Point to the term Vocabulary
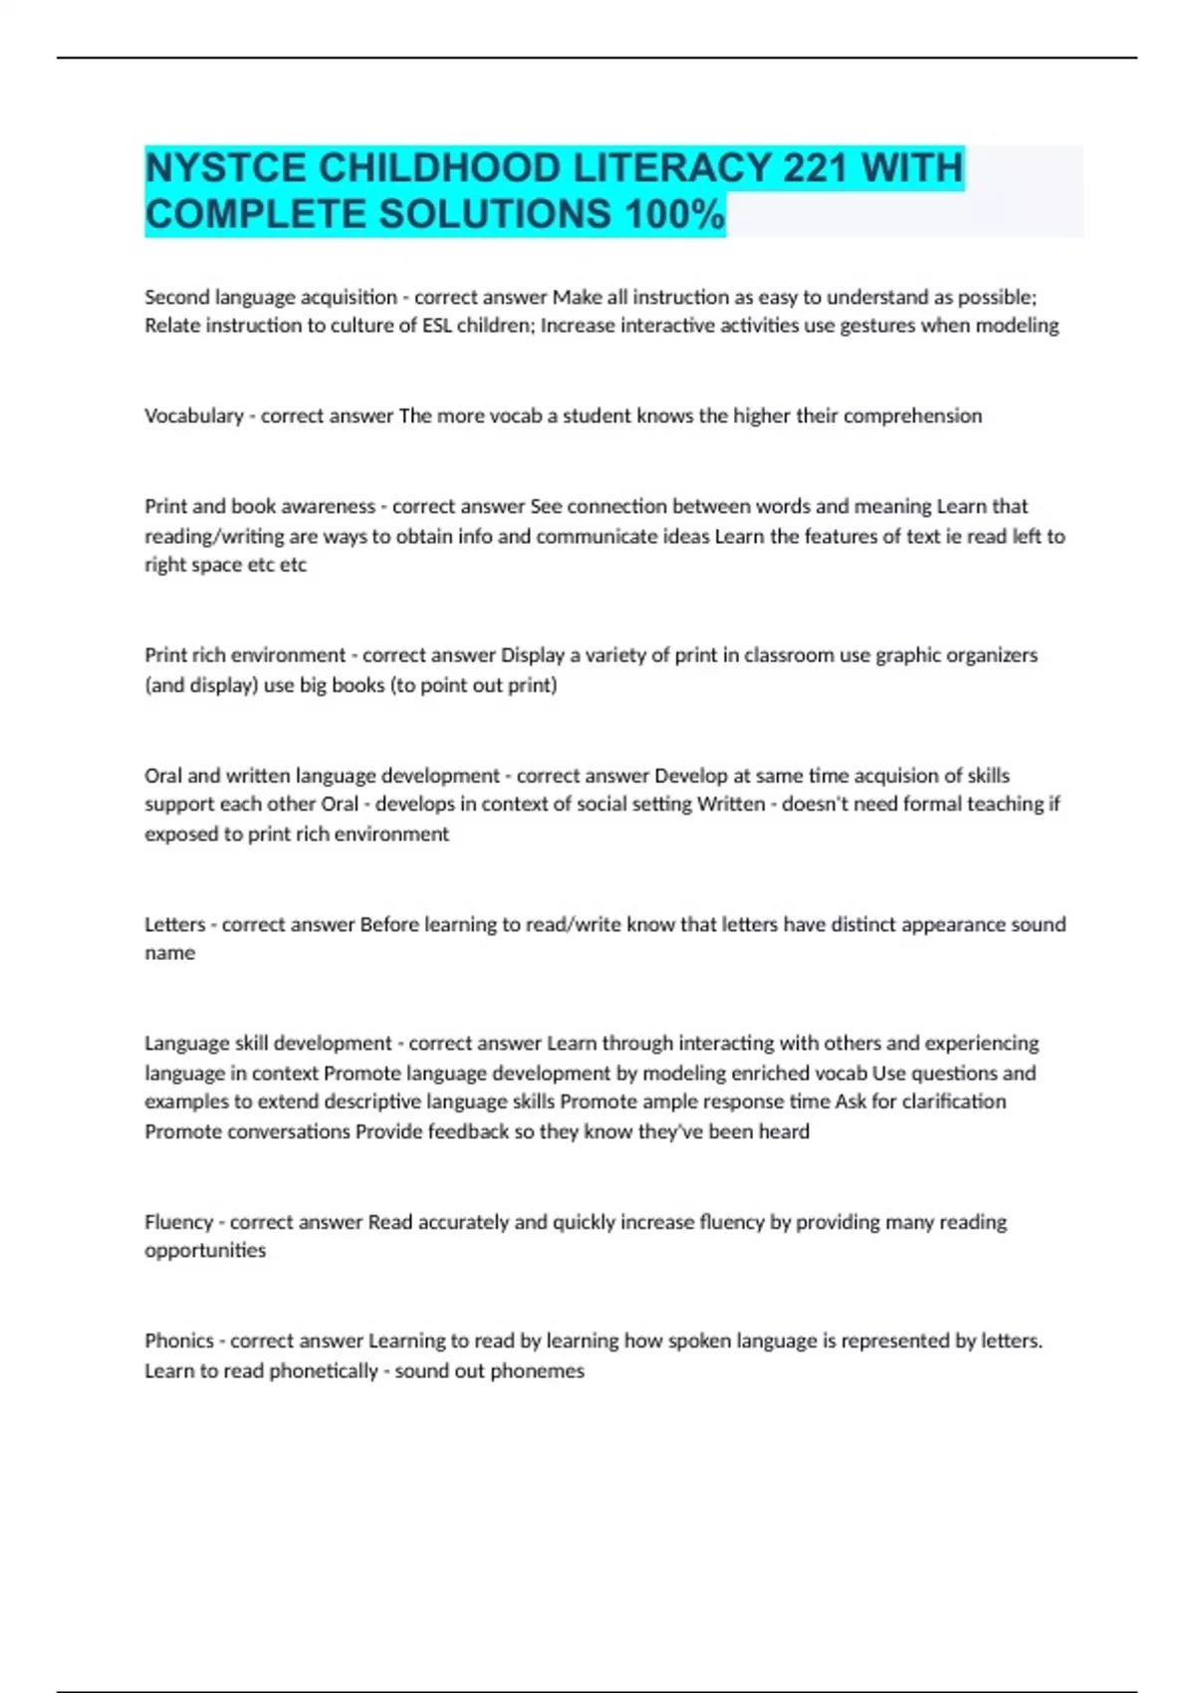194,415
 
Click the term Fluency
179,1222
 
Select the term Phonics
179,1340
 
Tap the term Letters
174,924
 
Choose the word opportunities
205,1251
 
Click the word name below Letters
169,953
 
